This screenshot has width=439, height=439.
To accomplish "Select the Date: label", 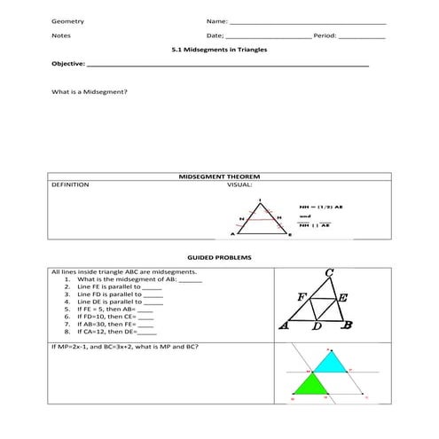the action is coord(215,36).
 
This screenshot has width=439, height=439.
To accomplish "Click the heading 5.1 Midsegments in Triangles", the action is coord(219,51).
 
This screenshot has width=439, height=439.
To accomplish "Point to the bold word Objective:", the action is coord(68,65).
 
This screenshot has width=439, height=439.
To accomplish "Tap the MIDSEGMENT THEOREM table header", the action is coord(218,177).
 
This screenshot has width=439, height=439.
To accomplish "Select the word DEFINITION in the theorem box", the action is coord(70,185).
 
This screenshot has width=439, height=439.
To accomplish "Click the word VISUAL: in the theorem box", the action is coord(239,185).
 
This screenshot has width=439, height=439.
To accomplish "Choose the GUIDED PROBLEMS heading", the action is coord(219,257).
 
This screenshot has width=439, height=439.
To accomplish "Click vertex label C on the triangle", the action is coord(329,272).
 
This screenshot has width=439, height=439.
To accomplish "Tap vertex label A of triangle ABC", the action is coord(284,325).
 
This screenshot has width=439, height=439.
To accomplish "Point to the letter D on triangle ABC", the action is coord(317,328).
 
